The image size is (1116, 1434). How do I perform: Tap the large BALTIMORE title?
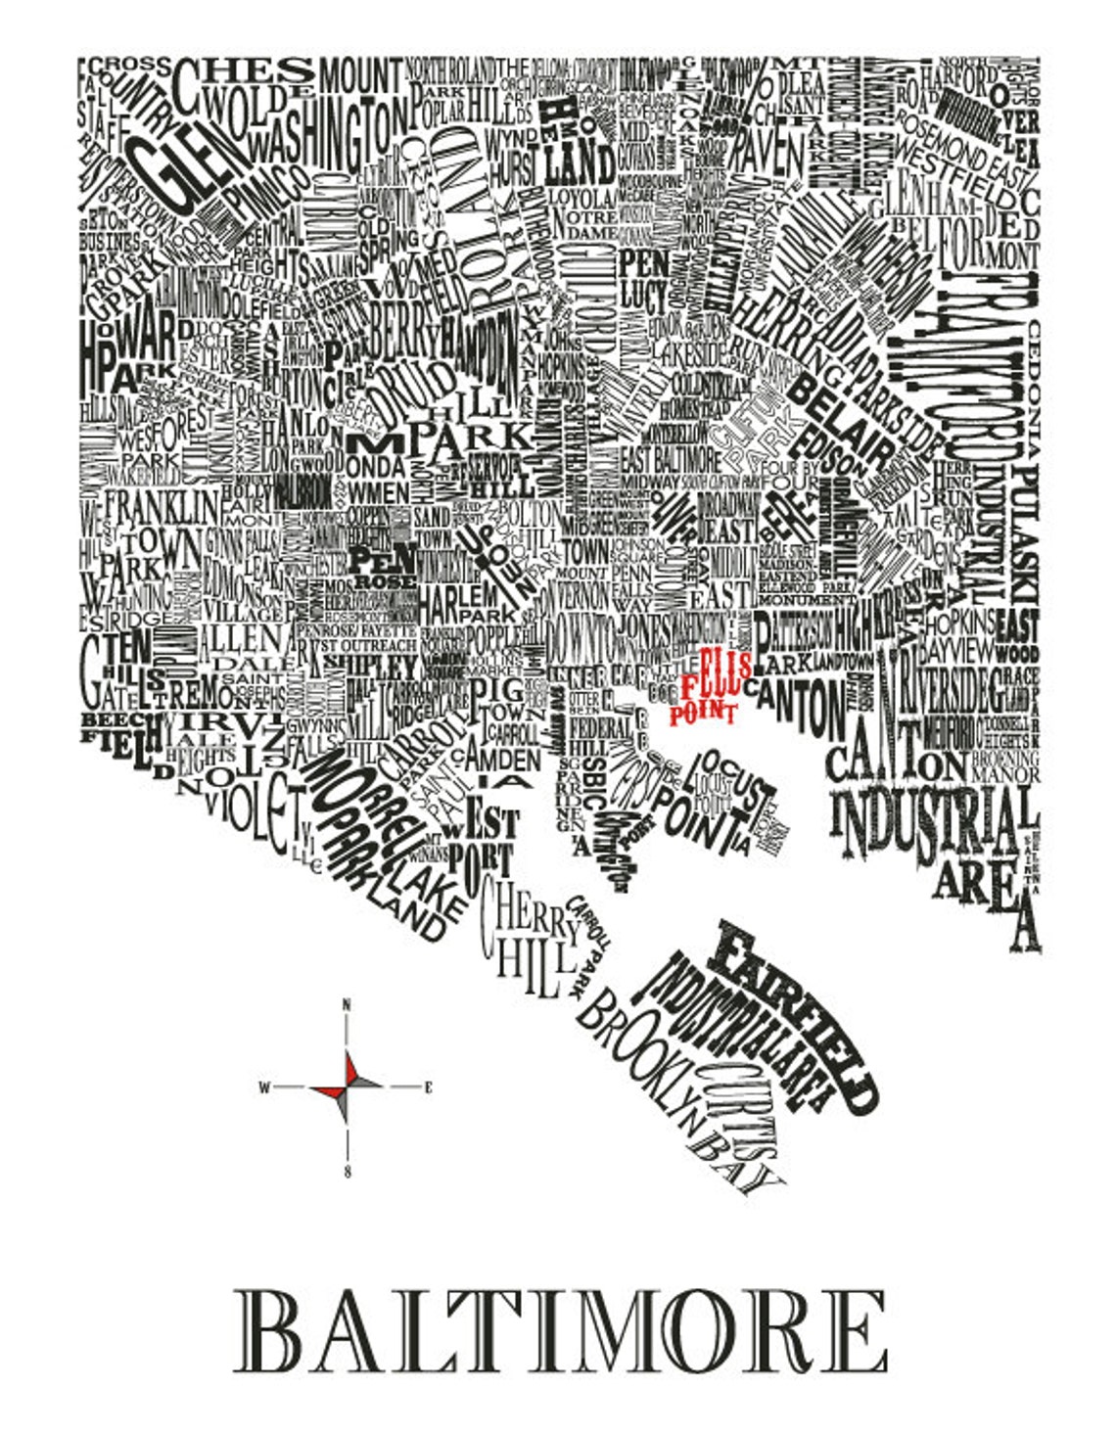(x=560, y=1331)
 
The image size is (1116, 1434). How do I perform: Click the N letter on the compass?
(x=347, y=1004)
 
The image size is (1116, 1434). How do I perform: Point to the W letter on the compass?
(x=263, y=1087)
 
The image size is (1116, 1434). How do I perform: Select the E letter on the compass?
(x=429, y=1087)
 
